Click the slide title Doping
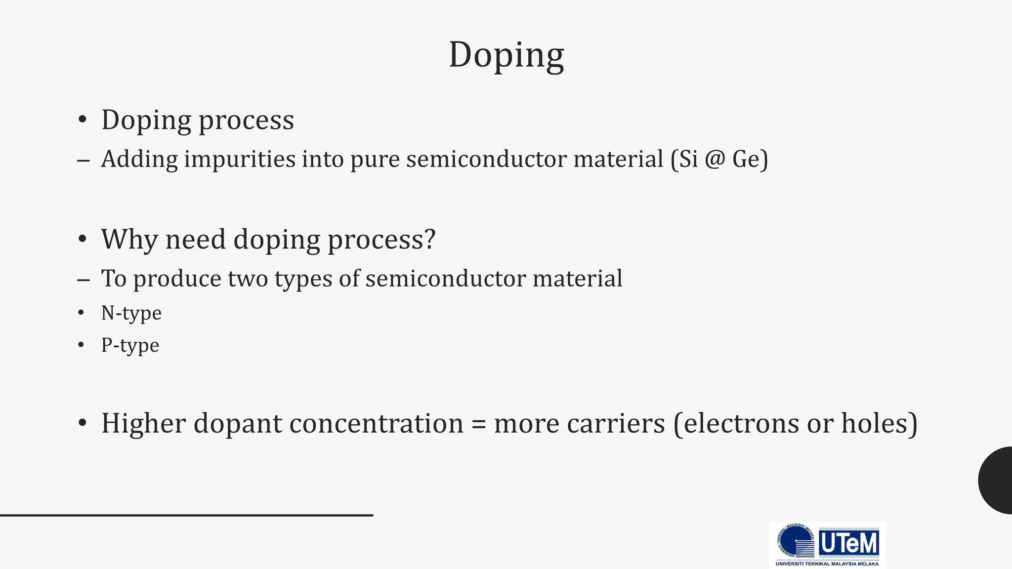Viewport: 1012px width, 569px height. click(506, 55)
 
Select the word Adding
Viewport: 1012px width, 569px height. click(139, 160)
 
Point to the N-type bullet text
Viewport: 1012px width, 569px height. click(131, 313)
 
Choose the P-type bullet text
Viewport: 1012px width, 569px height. click(130, 345)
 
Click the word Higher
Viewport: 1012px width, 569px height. click(143, 424)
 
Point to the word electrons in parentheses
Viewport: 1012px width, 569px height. click(739, 424)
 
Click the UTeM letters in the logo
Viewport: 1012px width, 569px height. click(849, 543)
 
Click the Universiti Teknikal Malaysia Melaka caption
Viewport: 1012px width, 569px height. click(827, 564)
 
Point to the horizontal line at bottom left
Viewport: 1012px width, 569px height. click(186, 515)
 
